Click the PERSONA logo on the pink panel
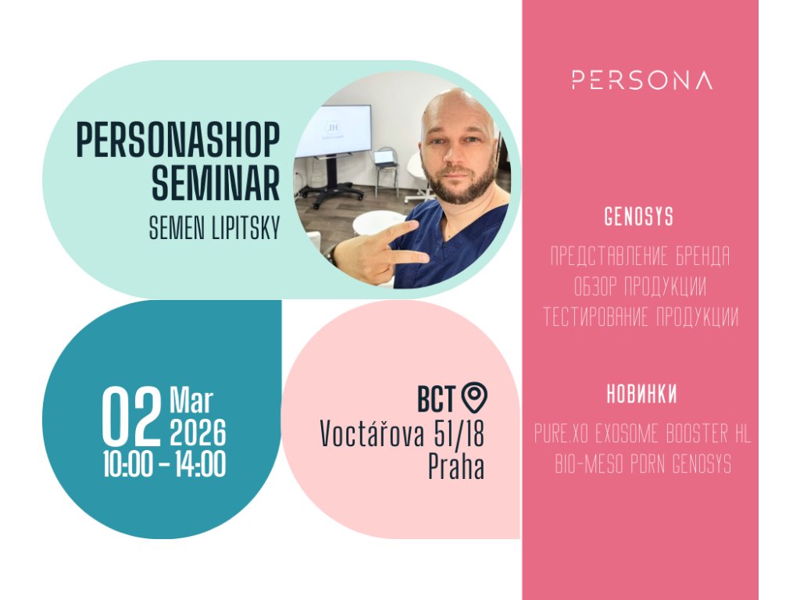pyautogui.click(x=642, y=80)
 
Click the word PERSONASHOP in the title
pyautogui.click(x=178, y=140)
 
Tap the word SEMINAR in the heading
pyautogui.click(x=216, y=182)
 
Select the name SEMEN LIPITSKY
pyautogui.click(x=214, y=228)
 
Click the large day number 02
pyautogui.click(x=131, y=416)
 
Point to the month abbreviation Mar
pyautogui.click(x=191, y=401)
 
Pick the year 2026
pyautogui.click(x=198, y=433)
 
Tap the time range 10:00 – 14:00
pyautogui.click(x=164, y=465)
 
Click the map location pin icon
pyautogui.click(x=474, y=398)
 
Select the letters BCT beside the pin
pyautogui.click(x=436, y=399)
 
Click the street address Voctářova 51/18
pyautogui.click(x=402, y=434)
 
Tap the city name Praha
pyautogui.click(x=456, y=466)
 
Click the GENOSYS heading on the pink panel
pyautogui.click(x=639, y=217)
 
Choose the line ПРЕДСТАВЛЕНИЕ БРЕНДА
pyautogui.click(x=640, y=256)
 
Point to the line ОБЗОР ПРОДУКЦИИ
pyautogui.click(x=640, y=286)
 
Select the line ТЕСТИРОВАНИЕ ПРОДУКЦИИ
pyautogui.click(x=641, y=317)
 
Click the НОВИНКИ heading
pyautogui.click(x=641, y=395)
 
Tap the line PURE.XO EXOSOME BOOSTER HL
pyautogui.click(x=642, y=434)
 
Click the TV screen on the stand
pyautogui.click(x=334, y=130)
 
